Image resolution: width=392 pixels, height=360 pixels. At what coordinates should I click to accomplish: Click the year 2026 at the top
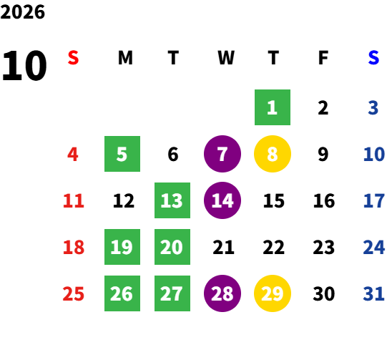click(x=22, y=12)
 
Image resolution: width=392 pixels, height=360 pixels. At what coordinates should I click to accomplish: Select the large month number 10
click(x=24, y=66)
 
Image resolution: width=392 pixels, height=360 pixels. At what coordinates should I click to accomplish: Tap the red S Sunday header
click(x=73, y=57)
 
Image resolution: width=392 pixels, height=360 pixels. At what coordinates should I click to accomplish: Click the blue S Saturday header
click(x=373, y=57)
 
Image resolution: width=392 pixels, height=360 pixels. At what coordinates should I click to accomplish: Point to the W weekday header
click(x=226, y=57)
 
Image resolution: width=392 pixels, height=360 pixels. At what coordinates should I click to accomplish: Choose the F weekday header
click(x=323, y=57)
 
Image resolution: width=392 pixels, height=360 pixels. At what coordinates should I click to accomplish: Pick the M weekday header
click(x=125, y=57)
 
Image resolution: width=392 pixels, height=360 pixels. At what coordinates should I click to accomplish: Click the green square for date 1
click(x=273, y=107)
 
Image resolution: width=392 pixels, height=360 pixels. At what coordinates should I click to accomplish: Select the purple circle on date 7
click(x=222, y=154)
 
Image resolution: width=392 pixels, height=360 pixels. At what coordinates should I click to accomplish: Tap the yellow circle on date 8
click(x=273, y=154)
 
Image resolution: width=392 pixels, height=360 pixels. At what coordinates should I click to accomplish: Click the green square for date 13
click(x=172, y=200)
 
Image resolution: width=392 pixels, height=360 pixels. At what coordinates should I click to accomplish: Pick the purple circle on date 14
click(x=222, y=200)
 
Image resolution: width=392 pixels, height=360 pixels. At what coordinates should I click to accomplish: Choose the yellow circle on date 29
click(x=273, y=293)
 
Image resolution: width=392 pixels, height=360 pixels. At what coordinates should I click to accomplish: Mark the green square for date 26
click(x=122, y=293)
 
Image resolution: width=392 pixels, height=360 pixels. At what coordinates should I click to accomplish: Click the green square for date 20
click(x=172, y=247)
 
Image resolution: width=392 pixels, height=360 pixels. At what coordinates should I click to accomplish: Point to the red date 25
click(x=73, y=293)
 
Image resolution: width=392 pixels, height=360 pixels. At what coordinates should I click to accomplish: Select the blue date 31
click(x=373, y=293)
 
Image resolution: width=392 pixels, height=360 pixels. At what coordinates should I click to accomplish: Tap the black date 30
click(x=324, y=293)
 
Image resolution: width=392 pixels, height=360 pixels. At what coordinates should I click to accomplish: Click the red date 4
click(x=73, y=154)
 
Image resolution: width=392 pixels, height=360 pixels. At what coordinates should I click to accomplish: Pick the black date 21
click(x=223, y=247)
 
